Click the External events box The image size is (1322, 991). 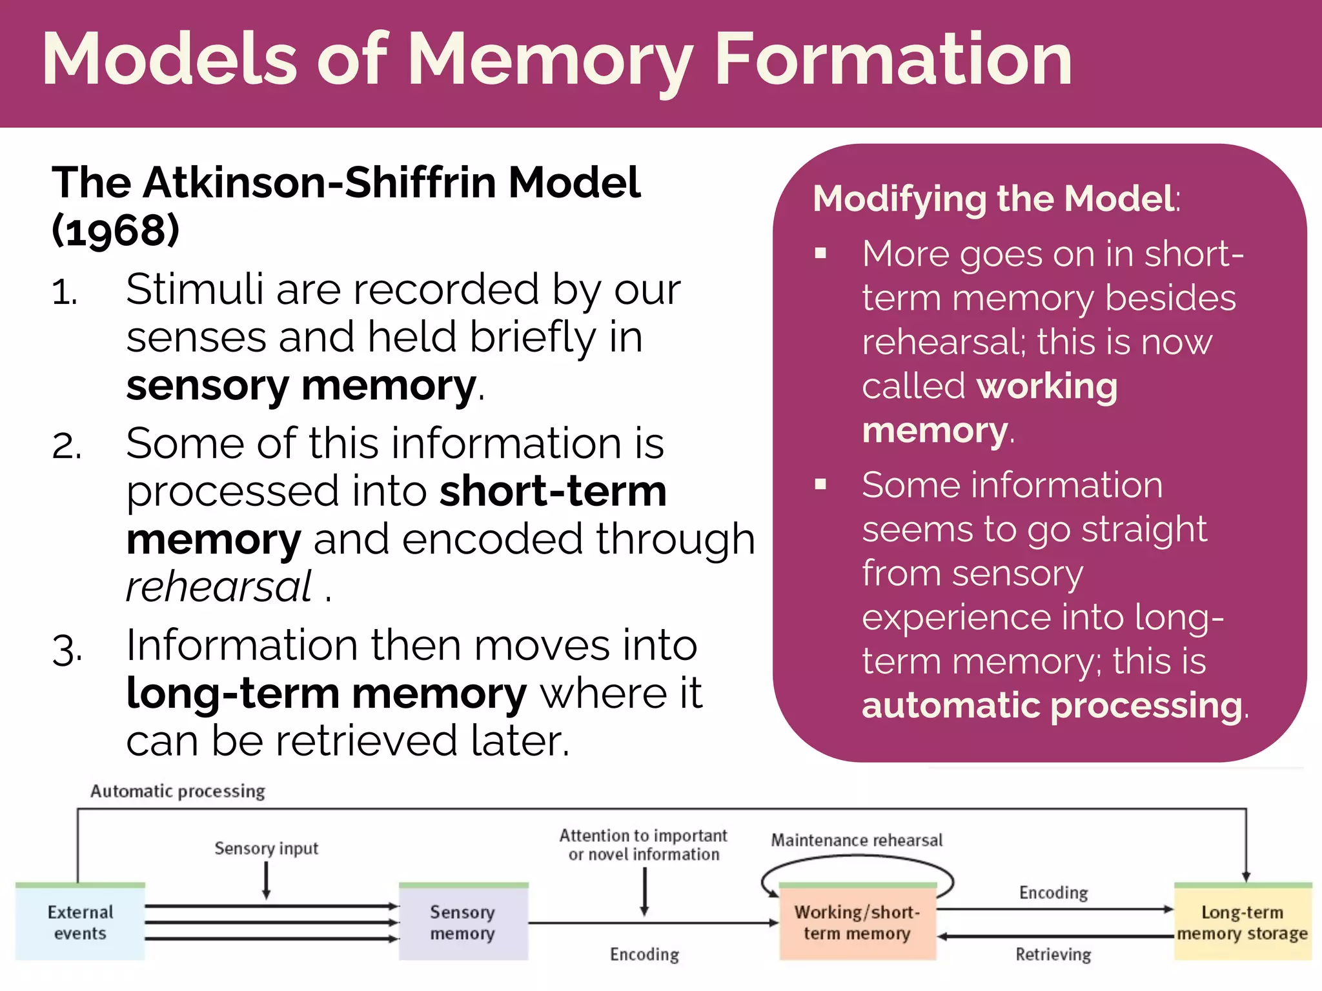point(80,922)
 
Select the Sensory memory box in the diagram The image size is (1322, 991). point(463,922)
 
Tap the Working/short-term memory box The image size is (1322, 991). point(857,922)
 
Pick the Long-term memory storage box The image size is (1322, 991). point(1242,922)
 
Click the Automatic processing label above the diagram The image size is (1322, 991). point(178,791)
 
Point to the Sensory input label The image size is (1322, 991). point(266,848)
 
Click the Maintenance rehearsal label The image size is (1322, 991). point(857,840)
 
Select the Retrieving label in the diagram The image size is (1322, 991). point(1053,954)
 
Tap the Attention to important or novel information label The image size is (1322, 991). point(643,845)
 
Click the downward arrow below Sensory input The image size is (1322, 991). point(266,881)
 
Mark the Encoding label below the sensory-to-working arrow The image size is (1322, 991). point(644,954)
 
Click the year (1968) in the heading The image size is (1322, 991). point(116,230)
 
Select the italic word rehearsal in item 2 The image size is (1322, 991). point(219,586)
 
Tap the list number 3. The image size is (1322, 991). point(66,649)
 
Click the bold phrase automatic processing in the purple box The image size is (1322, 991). point(1052,705)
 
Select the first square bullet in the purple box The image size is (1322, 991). point(820,253)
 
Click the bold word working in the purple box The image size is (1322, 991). point(1047,386)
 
